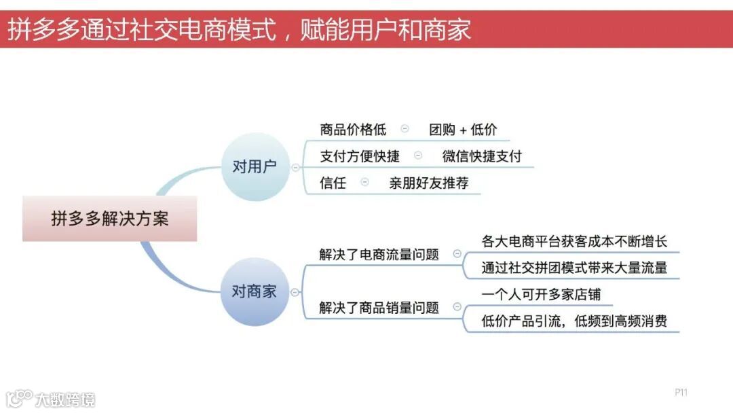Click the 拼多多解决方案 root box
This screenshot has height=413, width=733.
pos(109,219)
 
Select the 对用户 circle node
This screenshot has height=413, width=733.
pos(255,166)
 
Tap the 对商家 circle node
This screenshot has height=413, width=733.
pos(255,292)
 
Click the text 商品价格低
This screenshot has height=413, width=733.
pos(353,130)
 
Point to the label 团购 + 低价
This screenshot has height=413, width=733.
pos(463,130)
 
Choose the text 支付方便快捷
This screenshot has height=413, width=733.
pos(360,156)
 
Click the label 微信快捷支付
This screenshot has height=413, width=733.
pos(482,156)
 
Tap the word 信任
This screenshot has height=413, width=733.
pos(333,183)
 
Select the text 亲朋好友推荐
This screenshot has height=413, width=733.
pos(428,183)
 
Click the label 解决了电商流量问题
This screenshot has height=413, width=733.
pos(379,255)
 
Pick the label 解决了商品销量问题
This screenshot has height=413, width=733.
pos(379,308)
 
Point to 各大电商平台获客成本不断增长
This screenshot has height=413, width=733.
pos(574,241)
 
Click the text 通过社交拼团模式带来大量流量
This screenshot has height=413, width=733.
pos(574,268)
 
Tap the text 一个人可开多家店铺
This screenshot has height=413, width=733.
pos(541,294)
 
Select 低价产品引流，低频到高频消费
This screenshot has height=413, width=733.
pos(574,321)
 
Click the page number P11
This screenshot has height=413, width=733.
pos(681,393)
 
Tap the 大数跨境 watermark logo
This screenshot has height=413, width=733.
pos(51,399)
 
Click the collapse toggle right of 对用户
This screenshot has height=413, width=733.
pos(295,167)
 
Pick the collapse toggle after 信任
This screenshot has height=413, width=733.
pos(365,182)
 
